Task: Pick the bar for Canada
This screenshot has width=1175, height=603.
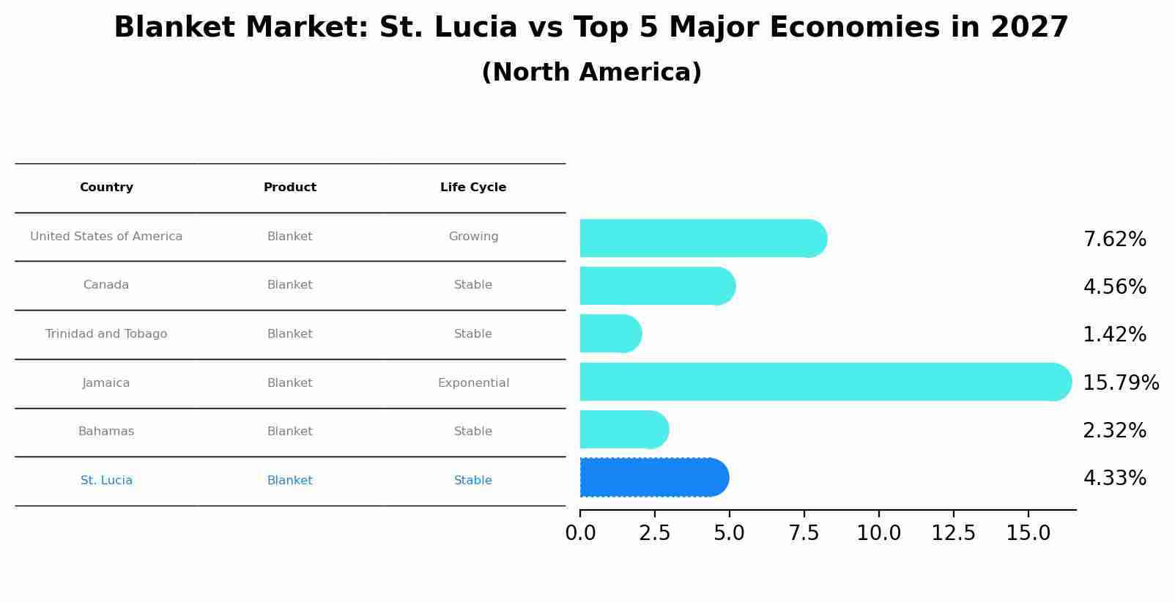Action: point(656,286)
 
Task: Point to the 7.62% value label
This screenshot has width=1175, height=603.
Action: point(1114,240)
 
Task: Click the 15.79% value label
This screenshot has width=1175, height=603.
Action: point(1120,383)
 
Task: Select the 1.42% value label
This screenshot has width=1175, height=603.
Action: point(1114,335)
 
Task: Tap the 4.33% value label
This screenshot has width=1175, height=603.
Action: point(1114,478)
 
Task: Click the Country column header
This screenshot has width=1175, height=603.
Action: point(106,188)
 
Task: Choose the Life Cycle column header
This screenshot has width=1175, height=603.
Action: point(473,188)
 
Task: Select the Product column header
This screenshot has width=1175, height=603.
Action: point(290,188)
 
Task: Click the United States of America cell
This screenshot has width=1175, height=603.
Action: point(106,237)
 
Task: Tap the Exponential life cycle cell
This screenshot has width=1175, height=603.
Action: point(473,383)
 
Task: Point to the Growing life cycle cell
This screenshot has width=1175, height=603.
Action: point(473,237)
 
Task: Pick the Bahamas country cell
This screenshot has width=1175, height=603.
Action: point(106,432)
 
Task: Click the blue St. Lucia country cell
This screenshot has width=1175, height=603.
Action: point(106,481)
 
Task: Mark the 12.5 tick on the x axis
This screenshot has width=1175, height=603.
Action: point(953,533)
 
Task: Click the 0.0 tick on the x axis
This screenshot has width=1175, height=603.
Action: point(580,533)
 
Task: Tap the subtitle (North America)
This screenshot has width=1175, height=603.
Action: point(591,73)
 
